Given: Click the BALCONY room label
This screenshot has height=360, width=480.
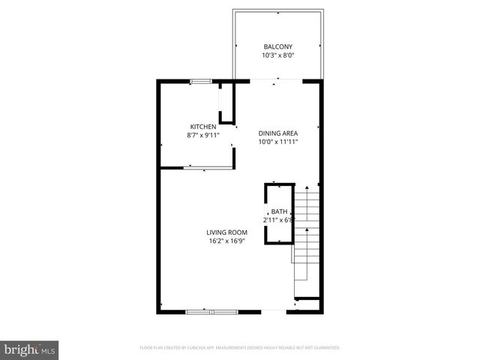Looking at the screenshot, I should [x=278, y=46].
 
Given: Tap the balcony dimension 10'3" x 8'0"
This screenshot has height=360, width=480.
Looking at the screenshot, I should [x=278, y=55].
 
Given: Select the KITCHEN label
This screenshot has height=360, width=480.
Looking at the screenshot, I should [x=203, y=126].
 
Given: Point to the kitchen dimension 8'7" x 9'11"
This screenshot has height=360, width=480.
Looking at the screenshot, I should [x=203, y=135].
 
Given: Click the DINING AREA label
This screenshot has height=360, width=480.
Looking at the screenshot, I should [x=278, y=133].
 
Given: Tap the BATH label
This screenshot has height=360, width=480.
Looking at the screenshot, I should [x=279, y=211].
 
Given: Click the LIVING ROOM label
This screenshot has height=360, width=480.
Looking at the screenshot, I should [x=227, y=232].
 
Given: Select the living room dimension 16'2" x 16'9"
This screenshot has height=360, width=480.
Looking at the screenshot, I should [x=227, y=241].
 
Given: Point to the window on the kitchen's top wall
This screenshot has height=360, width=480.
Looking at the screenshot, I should [x=200, y=81].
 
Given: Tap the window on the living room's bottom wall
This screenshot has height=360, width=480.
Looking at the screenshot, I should [x=211, y=310].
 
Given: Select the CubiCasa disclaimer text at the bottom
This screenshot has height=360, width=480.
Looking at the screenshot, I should [x=240, y=348].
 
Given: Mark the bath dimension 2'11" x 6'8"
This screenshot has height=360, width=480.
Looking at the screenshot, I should [x=279, y=220].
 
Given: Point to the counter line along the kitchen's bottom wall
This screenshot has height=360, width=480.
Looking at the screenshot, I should [x=205, y=169].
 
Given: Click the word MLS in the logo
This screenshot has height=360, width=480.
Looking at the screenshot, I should [x=49, y=350].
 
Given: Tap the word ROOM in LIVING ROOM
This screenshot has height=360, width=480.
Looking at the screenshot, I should [x=238, y=232].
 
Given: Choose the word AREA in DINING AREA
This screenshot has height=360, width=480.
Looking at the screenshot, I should [x=290, y=133].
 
